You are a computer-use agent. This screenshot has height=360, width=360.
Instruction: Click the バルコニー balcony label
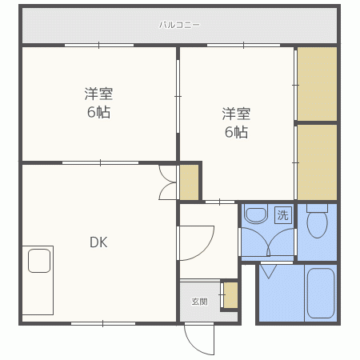click(179, 25)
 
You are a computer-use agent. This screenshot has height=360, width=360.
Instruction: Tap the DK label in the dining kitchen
click(98, 242)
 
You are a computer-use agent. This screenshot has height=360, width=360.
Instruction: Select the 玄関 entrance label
click(199, 302)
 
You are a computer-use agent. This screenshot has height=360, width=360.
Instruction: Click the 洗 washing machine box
click(283, 215)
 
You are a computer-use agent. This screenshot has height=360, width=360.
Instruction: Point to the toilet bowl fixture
click(317, 221)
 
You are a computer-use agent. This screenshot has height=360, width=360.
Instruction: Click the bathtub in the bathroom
click(320, 293)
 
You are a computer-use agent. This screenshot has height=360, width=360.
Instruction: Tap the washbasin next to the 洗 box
click(256, 214)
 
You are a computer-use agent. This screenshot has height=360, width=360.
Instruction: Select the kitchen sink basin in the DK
click(39, 261)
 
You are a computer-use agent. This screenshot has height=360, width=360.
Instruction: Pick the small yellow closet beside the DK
click(189, 182)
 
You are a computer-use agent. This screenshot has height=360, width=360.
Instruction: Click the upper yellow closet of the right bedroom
click(317, 84)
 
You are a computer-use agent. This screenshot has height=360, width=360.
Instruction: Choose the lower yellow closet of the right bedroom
click(317, 162)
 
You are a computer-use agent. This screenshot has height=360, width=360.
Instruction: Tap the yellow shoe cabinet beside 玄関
click(230, 295)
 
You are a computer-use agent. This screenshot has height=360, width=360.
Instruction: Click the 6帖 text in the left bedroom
click(98, 112)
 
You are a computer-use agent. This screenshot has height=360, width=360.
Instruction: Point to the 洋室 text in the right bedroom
click(236, 114)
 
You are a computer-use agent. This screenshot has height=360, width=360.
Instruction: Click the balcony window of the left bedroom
click(99, 45)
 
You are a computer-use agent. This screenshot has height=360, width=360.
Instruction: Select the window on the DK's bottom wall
click(103, 324)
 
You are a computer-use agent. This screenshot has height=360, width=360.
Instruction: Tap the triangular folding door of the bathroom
click(269, 271)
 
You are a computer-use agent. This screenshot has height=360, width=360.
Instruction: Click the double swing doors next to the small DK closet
click(167, 182)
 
